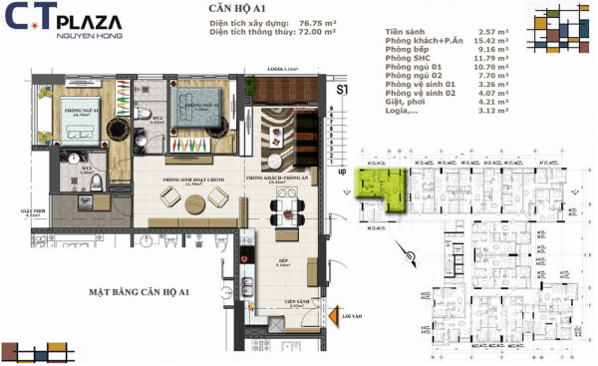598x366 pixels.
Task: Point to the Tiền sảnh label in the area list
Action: pos(407,35)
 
